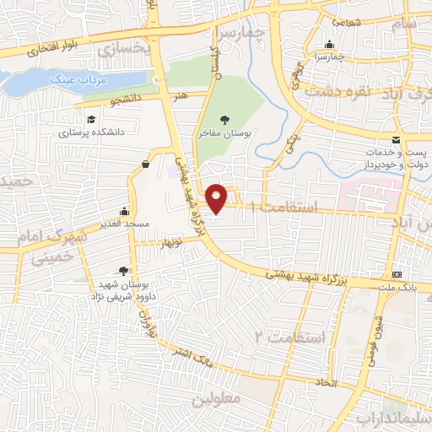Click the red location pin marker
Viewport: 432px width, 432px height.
point(218,197)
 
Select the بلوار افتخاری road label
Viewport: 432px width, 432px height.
point(50,50)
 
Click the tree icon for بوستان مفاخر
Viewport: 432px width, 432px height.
point(224,121)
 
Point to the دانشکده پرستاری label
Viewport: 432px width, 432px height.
point(91,132)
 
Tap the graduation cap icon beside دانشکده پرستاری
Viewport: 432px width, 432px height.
point(91,119)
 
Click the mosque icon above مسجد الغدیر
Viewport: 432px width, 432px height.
point(125,211)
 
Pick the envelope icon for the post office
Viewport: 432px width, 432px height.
point(396,139)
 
